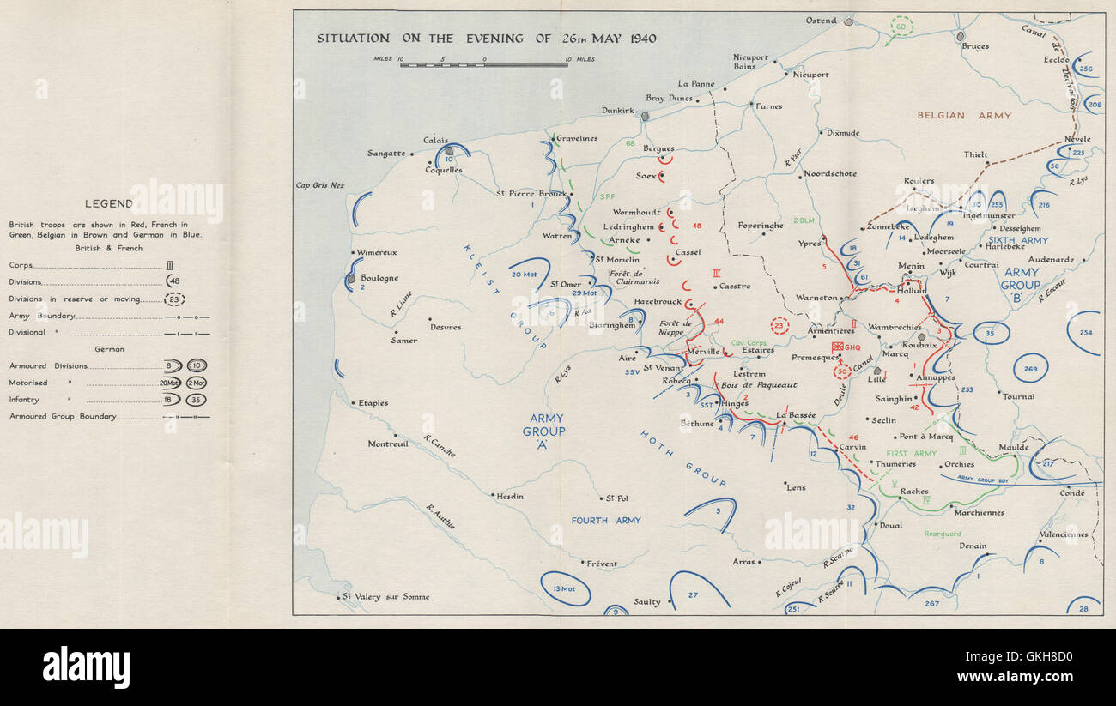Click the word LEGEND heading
click(x=108, y=203)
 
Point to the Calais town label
click(x=435, y=140)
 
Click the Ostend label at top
click(x=820, y=21)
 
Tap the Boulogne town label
click(x=379, y=278)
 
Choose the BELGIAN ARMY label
click(x=964, y=115)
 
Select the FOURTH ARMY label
click(x=606, y=520)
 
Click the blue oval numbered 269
click(x=1030, y=368)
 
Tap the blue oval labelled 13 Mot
click(x=565, y=588)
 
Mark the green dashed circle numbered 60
click(x=901, y=27)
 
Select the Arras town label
click(x=743, y=562)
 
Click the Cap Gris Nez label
click(x=319, y=185)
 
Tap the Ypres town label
click(x=809, y=243)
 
